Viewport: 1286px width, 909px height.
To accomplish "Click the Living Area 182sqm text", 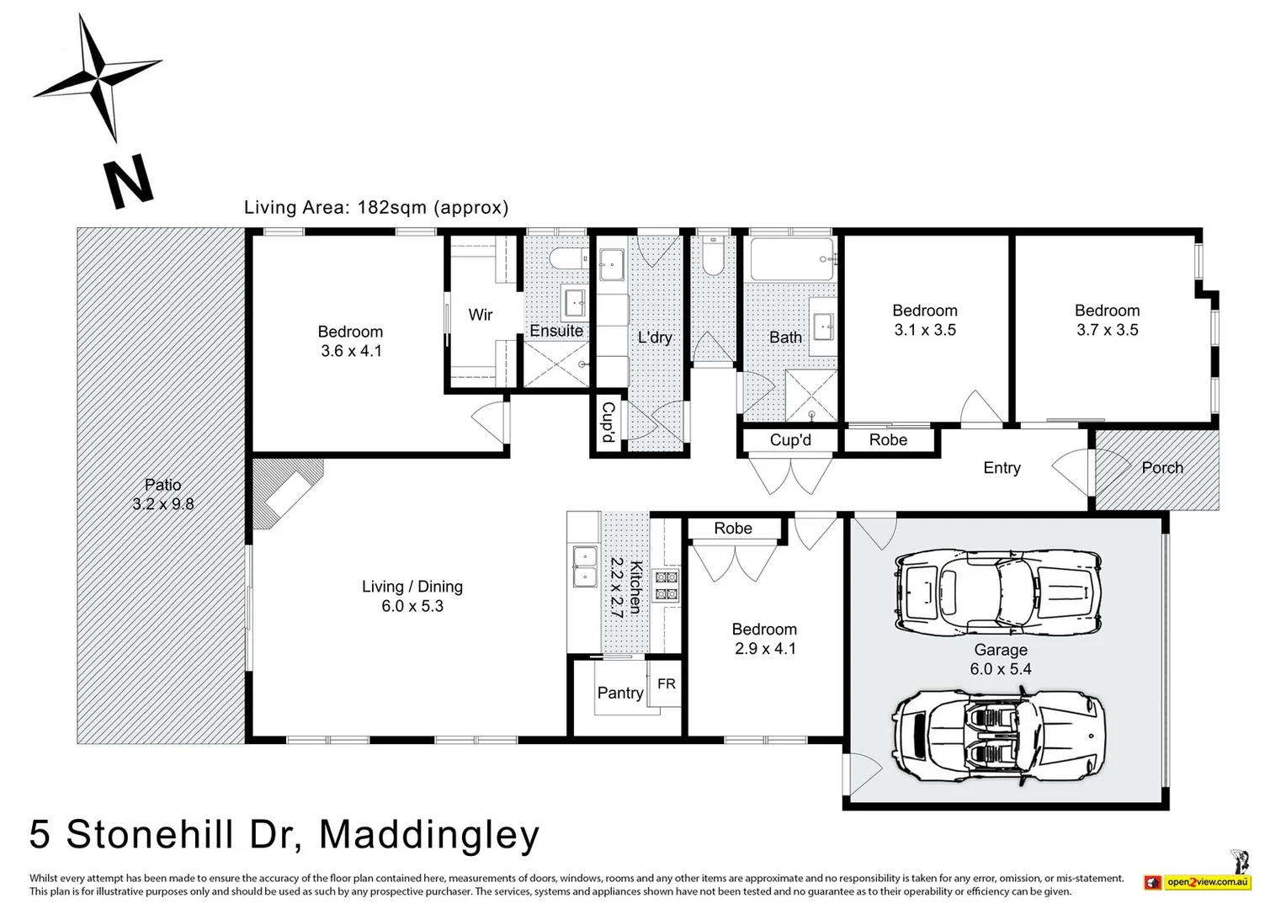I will click(x=375, y=207).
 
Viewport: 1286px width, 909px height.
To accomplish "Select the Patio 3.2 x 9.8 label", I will click(x=162, y=494).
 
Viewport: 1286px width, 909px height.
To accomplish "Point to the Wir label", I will click(x=480, y=315).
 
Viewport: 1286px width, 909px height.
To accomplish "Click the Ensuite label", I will click(x=556, y=331).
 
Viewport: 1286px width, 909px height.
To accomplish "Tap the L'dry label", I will click(x=654, y=338).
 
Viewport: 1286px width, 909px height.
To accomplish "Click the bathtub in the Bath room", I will click(x=791, y=259).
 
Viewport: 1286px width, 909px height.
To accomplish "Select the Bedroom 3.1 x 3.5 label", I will click(x=924, y=320).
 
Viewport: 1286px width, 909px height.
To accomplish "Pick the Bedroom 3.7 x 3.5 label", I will click(x=1107, y=320).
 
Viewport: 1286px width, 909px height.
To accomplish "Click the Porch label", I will click(x=1161, y=468).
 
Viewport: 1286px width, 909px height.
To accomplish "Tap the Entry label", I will click(x=1002, y=468).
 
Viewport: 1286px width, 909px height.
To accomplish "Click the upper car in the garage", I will click(x=998, y=593).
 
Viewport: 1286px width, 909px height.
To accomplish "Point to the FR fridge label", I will click(x=666, y=684).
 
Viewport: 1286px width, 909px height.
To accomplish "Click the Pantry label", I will click(x=619, y=693).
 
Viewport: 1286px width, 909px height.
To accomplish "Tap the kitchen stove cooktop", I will click(x=666, y=585).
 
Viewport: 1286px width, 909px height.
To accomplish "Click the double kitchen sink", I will click(x=583, y=566).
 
